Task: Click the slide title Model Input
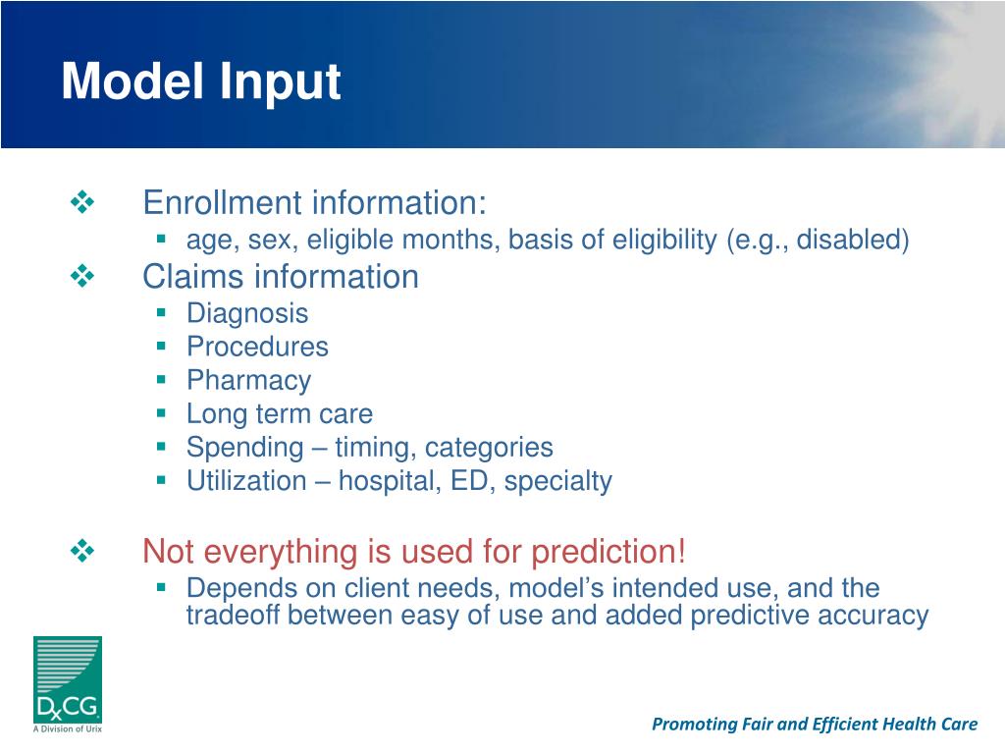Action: click(200, 82)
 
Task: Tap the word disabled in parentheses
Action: click(849, 240)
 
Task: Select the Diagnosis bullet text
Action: click(247, 314)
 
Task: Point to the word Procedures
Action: click(258, 347)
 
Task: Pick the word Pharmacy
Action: click(248, 381)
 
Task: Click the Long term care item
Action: click(280, 413)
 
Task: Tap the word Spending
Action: click(244, 448)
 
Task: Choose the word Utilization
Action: click(246, 481)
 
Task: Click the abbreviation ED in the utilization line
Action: click(469, 481)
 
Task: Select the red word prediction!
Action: click(608, 552)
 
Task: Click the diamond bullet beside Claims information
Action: click(82, 276)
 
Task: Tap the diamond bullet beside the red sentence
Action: click(82, 550)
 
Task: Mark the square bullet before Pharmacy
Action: click(161, 380)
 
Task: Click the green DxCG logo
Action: click(68, 679)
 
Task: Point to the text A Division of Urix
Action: click(68, 729)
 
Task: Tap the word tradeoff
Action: click(234, 615)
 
